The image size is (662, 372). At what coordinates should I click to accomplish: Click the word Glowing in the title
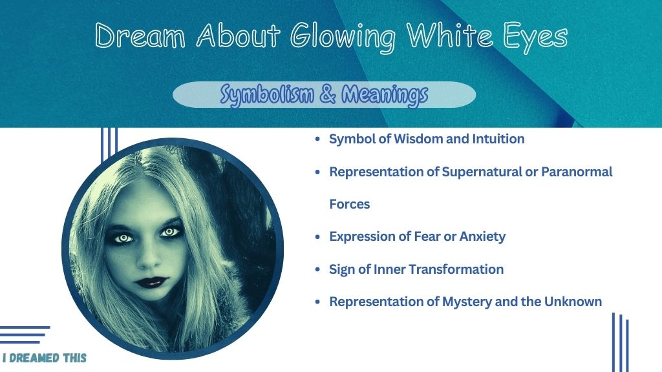pyautogui.click(x=343, y=37)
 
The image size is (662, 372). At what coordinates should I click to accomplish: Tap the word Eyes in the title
pyautogui.click(x=535, y=37)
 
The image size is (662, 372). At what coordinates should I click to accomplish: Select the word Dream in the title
pyautogui.click(x=140, y=36)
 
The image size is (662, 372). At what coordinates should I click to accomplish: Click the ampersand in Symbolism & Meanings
pyautogui.click(x=327, y=94)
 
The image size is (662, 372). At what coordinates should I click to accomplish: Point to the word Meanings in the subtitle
pyautogui.click(x=384, y=95)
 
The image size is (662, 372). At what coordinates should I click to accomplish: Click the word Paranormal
pyautogui.click(x=577, y=172)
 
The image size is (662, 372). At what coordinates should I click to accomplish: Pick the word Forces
pyautogui.click(x=350, y=204)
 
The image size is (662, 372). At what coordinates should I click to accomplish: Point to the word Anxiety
pyautogui.click(x=482, y=237)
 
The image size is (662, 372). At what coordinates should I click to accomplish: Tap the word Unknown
pyautogui.click(x=573, y=302)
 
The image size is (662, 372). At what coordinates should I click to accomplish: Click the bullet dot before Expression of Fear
pyautogui.click(x=317, y=237)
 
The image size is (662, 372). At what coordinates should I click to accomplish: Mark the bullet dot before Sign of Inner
pyautogui.click(x=317, y=269)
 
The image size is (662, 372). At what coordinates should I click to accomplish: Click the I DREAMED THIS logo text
pyautogui.click(x=45, y=358)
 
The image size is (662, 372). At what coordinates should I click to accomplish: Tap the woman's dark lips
pyautogui.click(x=152, y=282)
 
